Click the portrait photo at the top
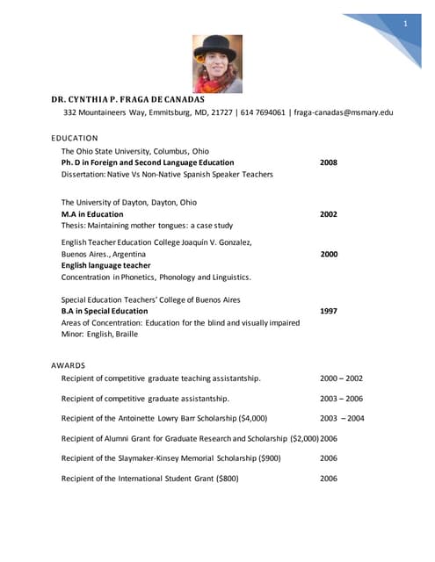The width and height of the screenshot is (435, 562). (x=217, y=63)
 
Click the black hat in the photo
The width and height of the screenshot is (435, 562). (x=216, y=43)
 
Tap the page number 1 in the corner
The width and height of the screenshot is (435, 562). (x=406, y=23)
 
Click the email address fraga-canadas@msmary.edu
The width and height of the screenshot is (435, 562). (x=344, y=112)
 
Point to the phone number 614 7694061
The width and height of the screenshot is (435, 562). (x=258, y=112)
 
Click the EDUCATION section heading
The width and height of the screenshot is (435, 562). (x=75, y=138)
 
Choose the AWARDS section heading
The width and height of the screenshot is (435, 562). (x=68, y=364)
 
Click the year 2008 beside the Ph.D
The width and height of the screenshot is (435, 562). (x=328, y=162)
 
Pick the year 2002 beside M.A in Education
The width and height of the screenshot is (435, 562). (x=328, y=213)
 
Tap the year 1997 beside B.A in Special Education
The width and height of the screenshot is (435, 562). (x=328, y=311)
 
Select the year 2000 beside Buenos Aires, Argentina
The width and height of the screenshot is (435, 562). (x=328, y=254)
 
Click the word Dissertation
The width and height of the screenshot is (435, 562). (x=84, y=175)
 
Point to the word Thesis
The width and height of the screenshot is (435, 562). (x=73, y=226)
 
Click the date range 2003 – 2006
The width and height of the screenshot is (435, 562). (x=341, y=399)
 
